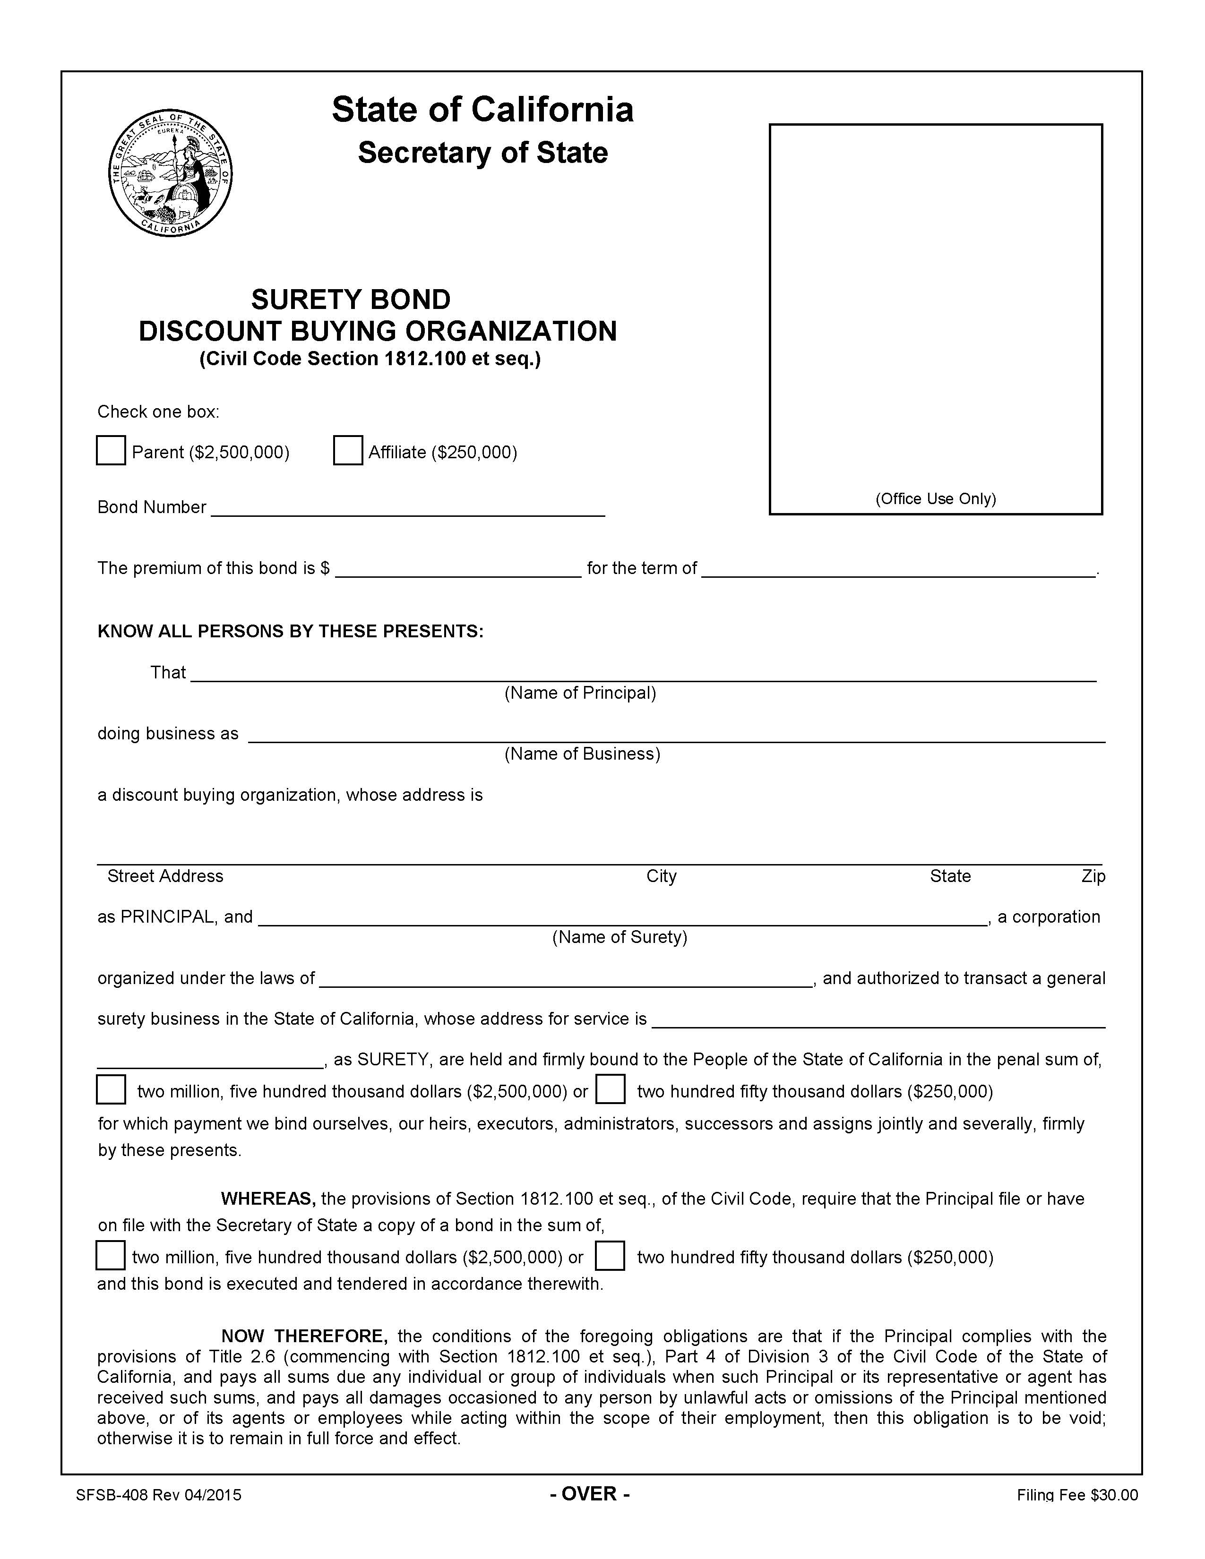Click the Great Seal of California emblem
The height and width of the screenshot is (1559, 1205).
tap(170, 173)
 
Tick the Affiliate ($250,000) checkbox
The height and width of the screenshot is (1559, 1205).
tap(348, 450)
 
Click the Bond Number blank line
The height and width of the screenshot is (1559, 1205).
tap(408, 509)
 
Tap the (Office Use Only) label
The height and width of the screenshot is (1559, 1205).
tap(935, 498)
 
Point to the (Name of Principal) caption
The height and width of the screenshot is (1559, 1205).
tap(580, 693)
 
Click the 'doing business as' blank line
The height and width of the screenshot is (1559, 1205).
tap(676, 735)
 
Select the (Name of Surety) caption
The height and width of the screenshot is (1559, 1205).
tap(619, 936)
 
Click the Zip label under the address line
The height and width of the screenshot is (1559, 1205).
tap(1093, 876)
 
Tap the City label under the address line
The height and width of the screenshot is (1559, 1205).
tap(661, 876)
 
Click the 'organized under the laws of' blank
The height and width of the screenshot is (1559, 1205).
tap(566, 979)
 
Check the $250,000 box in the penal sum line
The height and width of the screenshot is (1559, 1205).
tap(611, 1089)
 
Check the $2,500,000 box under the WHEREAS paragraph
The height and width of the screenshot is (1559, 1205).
tap(111, 1256)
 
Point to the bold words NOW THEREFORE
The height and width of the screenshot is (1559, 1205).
tap(304, 1336)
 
